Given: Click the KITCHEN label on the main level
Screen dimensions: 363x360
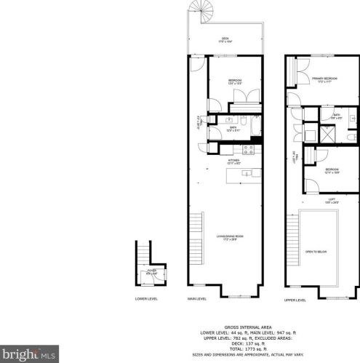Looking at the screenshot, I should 234,161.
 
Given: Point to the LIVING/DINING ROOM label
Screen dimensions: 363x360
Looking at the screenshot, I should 228,237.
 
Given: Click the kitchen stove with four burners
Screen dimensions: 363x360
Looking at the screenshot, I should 248,150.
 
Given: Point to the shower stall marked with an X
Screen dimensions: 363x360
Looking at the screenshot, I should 327,135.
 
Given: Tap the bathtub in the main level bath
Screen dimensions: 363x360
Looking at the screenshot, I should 256,124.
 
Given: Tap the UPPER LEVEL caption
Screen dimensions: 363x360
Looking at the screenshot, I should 295,299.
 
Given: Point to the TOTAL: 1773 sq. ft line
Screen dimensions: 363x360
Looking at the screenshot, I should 239,348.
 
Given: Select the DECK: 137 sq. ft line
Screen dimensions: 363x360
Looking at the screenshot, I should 239,343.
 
